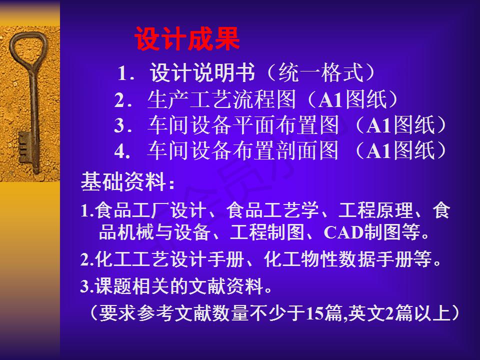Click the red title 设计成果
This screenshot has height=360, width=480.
(187, 39)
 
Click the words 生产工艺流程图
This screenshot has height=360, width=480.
(221, 99)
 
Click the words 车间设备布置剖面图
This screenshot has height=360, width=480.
(243, 150)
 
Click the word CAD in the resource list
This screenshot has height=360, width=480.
(343, 232)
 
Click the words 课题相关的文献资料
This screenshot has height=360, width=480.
(179, 286)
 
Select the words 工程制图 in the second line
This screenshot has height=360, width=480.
(267, 232)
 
